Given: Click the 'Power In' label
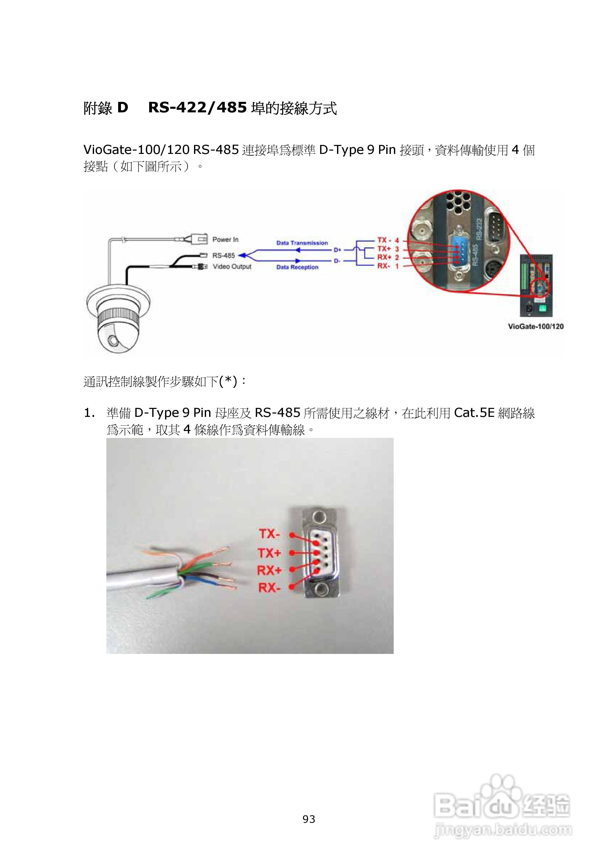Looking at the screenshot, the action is tap(225, 240).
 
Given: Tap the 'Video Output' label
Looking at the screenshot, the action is tap(232, 267).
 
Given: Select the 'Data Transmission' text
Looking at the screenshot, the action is tap(302, 243).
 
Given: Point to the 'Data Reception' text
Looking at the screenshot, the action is tap(297, 267).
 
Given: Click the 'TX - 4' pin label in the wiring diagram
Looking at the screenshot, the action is tap(388, 240).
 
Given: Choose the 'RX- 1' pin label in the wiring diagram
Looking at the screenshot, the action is tap(388, 266).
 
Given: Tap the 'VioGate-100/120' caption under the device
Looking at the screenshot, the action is tap(535, 326).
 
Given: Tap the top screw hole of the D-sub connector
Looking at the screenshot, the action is tap(319, 516).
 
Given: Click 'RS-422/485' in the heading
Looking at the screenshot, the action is tap(197, 108).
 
